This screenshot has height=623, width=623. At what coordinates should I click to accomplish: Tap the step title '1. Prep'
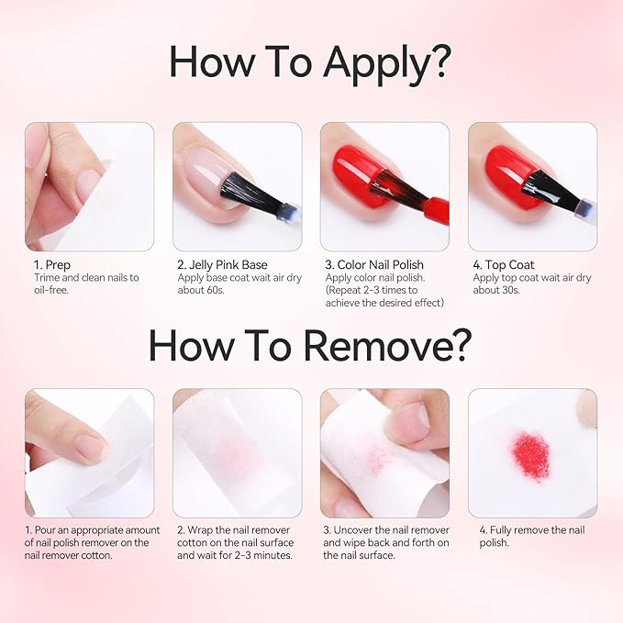(x=52, y=265)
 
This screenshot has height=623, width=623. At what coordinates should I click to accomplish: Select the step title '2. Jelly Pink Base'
(x=222, y=265)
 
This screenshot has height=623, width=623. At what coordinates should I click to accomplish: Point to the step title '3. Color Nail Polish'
(x=374, y=265)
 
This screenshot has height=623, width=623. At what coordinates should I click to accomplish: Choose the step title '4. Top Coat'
(x=504, y=265)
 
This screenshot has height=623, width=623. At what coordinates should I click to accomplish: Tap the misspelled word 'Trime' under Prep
(x=47, y=277)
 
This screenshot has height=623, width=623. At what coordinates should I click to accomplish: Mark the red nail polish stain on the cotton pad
(x=531, y=457)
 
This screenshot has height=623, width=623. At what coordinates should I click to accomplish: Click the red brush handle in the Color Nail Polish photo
(x=436, y=210)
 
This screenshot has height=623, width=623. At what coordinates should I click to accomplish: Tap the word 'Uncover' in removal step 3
(x=353, y=530)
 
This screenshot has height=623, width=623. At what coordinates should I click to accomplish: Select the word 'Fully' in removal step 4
(x=501, y=530)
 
